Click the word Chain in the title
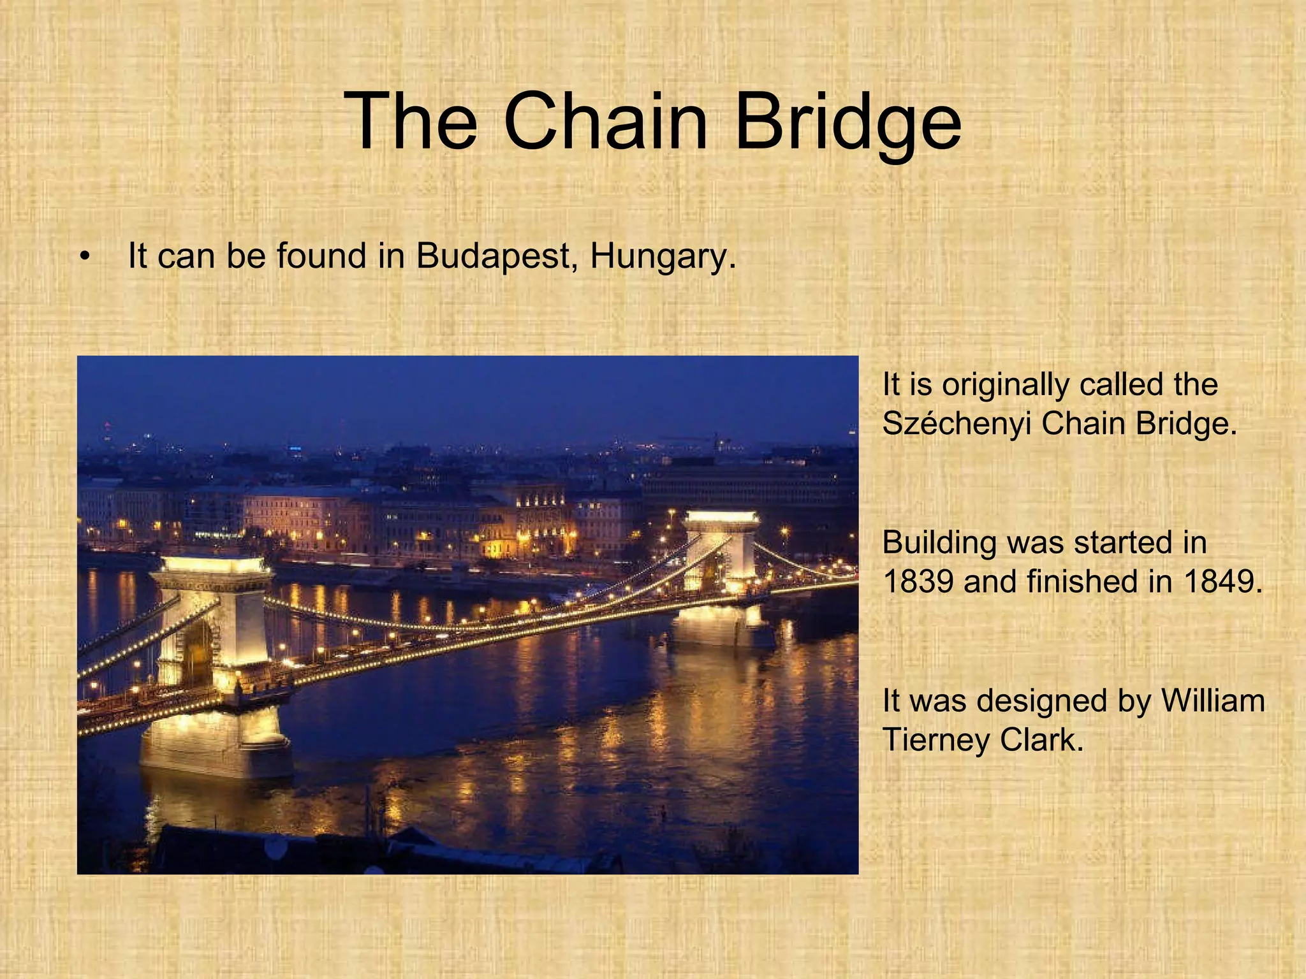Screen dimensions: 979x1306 click(x=605, y=121)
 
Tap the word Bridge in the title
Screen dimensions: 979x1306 click(x=847, y=121)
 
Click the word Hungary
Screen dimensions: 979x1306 click(x=663, y=256)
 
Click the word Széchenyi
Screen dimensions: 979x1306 click(x=957, y=423)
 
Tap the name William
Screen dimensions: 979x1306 click(x=1213, y=700)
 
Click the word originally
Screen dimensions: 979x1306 click(x=1008, y=385)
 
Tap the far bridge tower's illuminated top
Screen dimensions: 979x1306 click(x=721, y=518)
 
